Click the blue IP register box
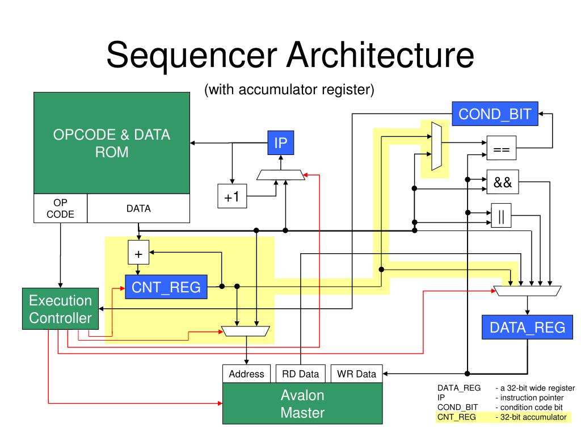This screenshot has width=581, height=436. [281, 143]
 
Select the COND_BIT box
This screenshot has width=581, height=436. [494, 114]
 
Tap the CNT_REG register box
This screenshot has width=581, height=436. [166, 287]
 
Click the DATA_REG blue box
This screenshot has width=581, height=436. [527, 327]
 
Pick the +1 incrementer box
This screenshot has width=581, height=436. [232, 197]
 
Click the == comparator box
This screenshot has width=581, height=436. [501, 150]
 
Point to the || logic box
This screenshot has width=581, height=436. [502, 216]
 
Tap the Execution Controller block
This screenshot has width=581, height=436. [60, 309]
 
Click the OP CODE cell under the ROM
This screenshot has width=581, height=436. [61, 208]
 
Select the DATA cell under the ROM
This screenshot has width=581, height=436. [138, 208]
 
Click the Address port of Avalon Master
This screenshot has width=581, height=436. [246, 374]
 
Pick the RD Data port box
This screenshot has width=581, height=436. [300, 374]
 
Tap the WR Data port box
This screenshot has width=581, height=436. [356, 374]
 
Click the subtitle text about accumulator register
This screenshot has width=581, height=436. [289, 90]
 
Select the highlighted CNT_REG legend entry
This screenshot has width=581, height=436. [502, 417]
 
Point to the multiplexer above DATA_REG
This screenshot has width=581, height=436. [527, 291]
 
